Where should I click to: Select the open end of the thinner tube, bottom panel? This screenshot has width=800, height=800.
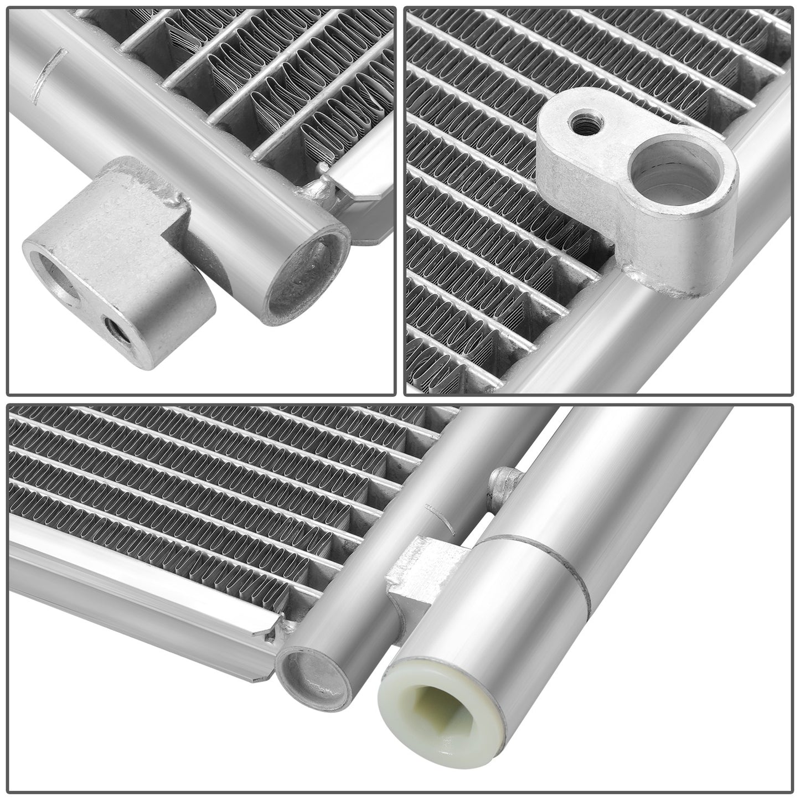point(310,670)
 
